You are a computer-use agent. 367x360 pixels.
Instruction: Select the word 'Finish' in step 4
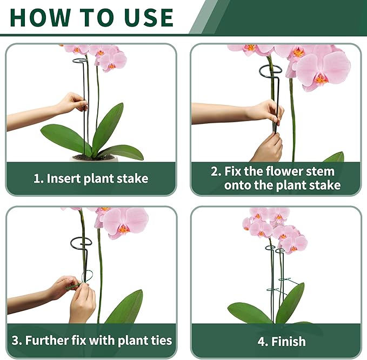(x=289, y=342)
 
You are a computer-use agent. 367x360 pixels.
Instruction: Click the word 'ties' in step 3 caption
(x=158, y=341)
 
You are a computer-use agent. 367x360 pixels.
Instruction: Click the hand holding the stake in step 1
(x=71, y=103)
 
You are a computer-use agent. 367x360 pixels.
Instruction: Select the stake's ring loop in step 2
(x=273, y=71)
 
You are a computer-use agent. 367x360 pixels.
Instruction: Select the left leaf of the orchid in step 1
(x=64, y=137)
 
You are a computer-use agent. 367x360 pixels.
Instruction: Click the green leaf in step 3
(x=125, y=308)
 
